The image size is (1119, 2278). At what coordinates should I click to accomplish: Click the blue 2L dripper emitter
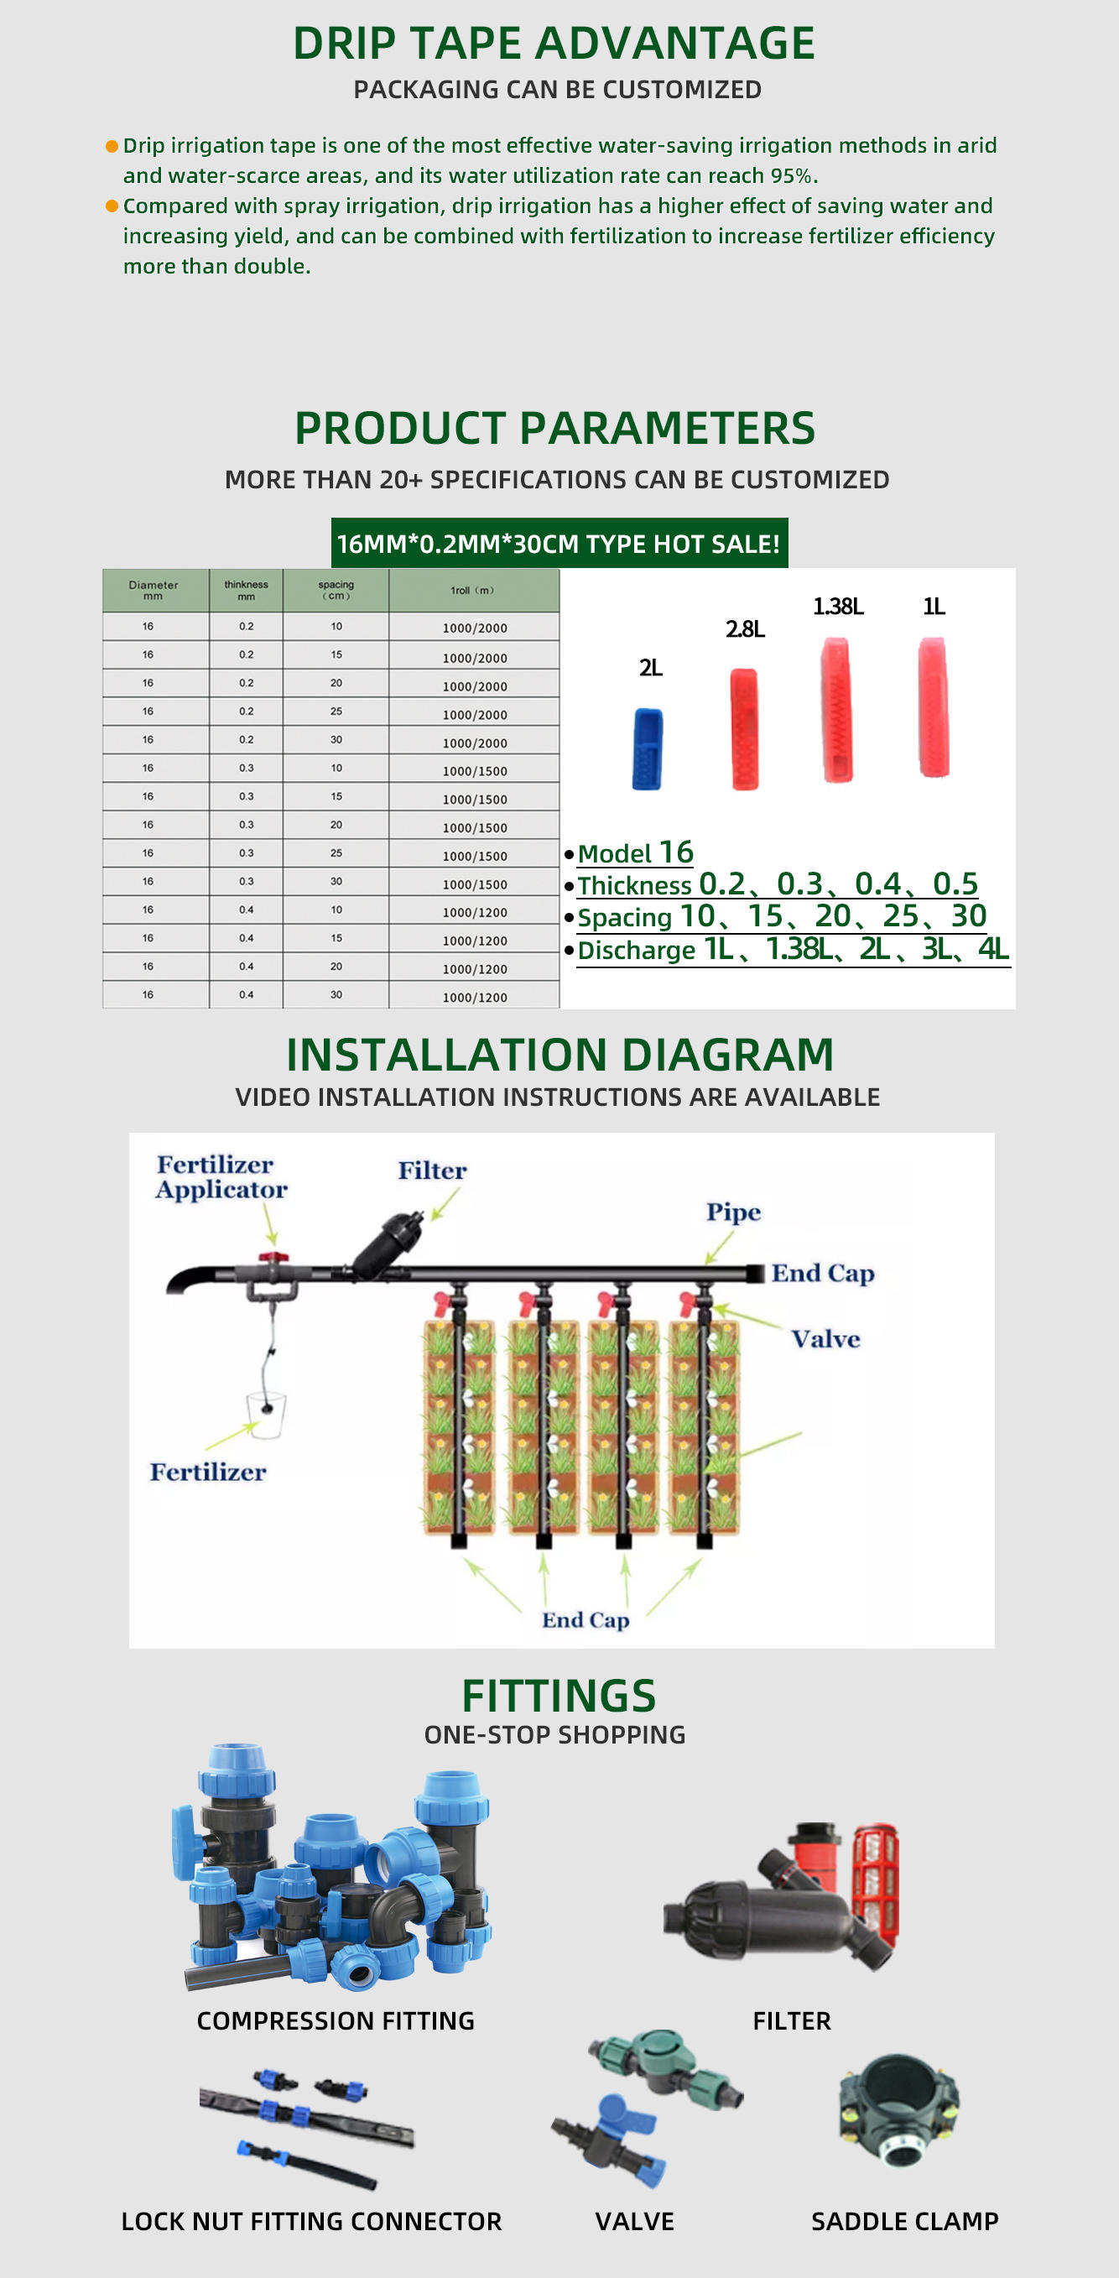click(647, 748)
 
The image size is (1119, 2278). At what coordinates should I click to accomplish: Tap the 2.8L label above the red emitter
click(745, 628)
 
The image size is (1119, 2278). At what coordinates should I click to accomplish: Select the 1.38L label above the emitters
click(838, 607)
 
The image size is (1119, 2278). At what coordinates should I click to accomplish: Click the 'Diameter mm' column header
click(154, 590)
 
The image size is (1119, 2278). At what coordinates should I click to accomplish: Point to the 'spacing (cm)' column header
click(336, 590)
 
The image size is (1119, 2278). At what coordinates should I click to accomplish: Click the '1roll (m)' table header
click(473, 590)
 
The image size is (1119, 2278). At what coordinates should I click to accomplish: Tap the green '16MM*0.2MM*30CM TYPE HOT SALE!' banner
click(559, 543)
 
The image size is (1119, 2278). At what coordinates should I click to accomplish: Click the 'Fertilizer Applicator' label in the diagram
click(221, 1177)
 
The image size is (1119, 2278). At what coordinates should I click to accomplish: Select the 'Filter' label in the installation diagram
click(431, 1170)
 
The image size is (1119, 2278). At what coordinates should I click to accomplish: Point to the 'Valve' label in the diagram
click(825, 1339)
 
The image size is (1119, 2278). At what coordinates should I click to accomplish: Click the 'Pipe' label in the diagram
click(733, 1212)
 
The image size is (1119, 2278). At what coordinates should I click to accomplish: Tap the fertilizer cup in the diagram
click(266, 1414)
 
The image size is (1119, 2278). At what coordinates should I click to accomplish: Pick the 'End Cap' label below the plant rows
click(586, 1620)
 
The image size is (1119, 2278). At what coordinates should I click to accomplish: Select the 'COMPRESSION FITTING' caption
click(335, 2020)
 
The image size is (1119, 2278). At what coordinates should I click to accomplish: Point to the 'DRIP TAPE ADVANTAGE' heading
click(554, 44)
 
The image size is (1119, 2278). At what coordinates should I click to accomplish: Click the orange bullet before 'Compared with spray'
click(112, 206)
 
